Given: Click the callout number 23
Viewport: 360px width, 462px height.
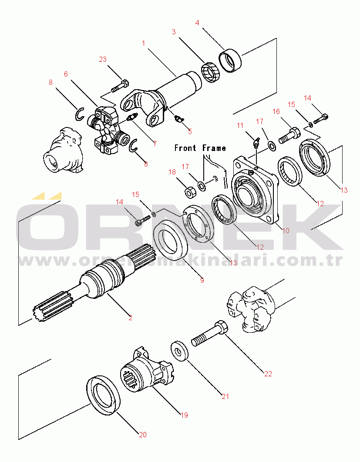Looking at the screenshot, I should coord(103,60).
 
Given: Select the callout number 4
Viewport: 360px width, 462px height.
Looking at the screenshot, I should coord(197,23).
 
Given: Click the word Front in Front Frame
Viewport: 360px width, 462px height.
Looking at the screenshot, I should coord(185,148).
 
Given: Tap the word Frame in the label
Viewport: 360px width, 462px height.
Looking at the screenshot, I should coord(214,148).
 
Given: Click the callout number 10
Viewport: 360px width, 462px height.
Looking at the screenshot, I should coord(286,231).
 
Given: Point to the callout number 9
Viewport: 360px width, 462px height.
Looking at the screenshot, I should coord(202,280).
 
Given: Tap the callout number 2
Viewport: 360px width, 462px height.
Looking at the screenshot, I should coord(130,318).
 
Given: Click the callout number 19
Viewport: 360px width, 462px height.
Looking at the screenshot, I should coord(184,415).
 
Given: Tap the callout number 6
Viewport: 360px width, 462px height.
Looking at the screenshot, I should coord(66,74).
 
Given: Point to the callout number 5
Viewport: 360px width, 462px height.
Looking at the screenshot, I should coord(189,131).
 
